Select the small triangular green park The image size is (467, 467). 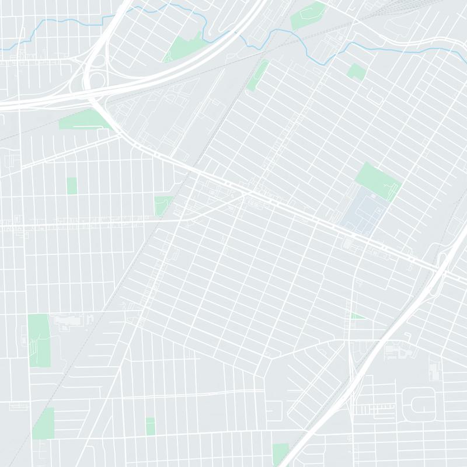[x=357, y=316]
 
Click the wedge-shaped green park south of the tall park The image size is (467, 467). [x=43, y=423]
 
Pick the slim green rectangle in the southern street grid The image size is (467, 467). [x=150, y=426]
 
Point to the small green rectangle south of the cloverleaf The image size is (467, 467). [x=71, y=186]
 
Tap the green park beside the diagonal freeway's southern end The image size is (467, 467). [x=280, y=452]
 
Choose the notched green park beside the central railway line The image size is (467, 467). [x=162, y=204]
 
